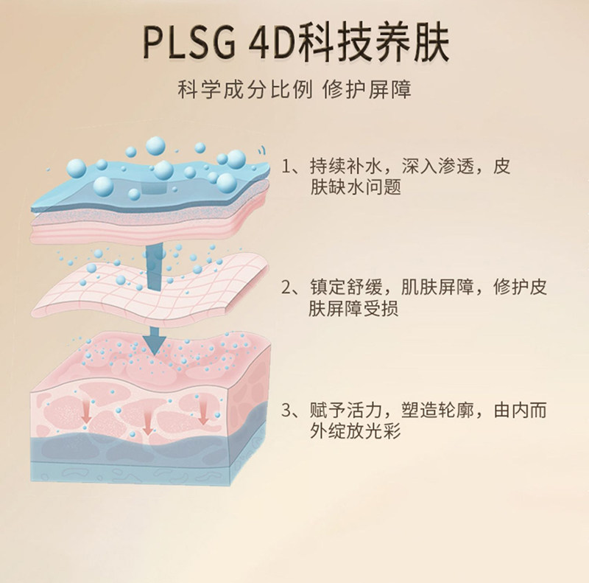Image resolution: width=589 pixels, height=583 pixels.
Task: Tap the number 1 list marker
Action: coord(287,167)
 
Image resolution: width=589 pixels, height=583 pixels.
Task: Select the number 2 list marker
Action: coord(287,287)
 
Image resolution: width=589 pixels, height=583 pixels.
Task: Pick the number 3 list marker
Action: coord(287,410)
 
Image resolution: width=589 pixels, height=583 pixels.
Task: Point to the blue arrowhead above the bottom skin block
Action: coord(154,340)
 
